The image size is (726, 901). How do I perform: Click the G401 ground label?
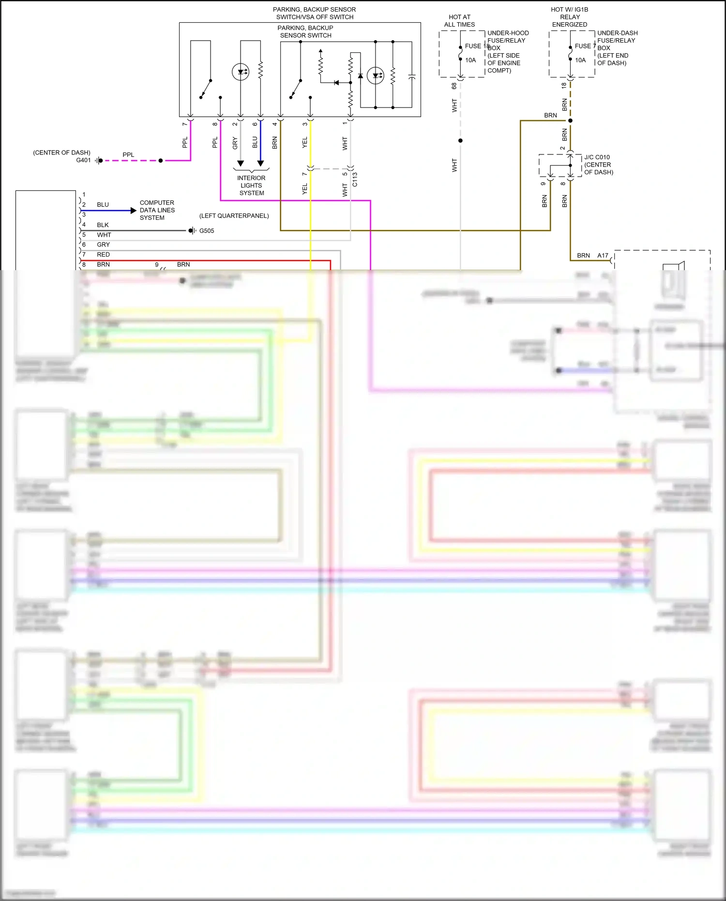pyautogui.click(x=83, y=160)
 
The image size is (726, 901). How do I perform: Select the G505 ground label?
pyautogui.click(x=207, y=231)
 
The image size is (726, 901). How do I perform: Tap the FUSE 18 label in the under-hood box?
pyautogui.click(x=476, y=46)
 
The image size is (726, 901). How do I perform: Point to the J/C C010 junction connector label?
pyautogui.click(x=597, y=157)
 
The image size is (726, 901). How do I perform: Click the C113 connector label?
pyautogui.click(x=355, y=179)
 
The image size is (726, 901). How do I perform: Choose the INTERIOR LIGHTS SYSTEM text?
pyautogui.click(x=251, y=185)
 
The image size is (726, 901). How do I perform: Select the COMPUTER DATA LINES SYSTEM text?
pyautogui.click(x=157, y=210)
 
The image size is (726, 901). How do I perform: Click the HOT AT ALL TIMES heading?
pyautogui.click(x=459, y=21)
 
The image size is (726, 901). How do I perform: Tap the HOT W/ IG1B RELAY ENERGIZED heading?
pyautogui.click(x=570, y=17)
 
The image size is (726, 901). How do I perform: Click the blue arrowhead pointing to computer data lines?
pyautogui.click(x=134, y=211)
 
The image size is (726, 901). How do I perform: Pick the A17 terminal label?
pyautogui.click(x=603, y=256)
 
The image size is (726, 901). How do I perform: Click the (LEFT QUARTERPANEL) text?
pyautogui.click(x=234, y=216)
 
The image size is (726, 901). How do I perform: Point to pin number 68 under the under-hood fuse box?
pyautogui.click(x=454, y=86)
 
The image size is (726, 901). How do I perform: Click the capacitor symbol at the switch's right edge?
pyautogui.click(x=412, y=76)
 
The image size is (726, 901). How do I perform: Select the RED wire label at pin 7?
pyautogui.click(x=103, y=255)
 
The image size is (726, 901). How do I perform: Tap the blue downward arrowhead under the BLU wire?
pyautogui.click(x=260, y=164)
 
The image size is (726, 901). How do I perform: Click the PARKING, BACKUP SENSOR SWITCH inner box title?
pyautogui.click(x=305, y=31)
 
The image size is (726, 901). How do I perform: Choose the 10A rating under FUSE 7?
pyautogui.click(x=580, y=61)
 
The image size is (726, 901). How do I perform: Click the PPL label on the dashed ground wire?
pyautogui.click(x=128, y=155)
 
